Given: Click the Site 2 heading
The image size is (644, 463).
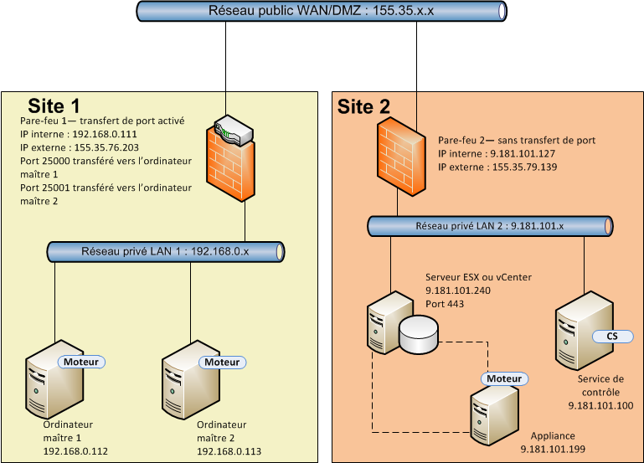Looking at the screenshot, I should pyautogui.click(x=363, y=106).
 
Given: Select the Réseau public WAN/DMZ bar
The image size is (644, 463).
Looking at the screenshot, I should pyautogui.click(x=322, y=12).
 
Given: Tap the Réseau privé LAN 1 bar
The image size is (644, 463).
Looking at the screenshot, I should pyautogui.click(x=165, y=251).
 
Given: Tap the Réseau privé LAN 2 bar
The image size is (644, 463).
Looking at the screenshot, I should pyautogui.click(x=490, y=226).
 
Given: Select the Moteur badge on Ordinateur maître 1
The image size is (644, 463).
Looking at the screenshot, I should pyautogui.click(x=80, y=362).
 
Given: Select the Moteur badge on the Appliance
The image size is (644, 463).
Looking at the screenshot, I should pyautogui.click(x=504, y=379).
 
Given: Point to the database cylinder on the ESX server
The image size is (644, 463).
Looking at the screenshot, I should pyautogui.click(x=419, y=335).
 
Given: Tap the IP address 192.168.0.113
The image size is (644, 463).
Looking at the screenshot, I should pyautogui.click(x=229, y=451).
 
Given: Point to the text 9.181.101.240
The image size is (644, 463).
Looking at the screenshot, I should pyautogui.click(x=459, y=291).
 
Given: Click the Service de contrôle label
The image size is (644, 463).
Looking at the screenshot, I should pyautogui.click(x=600, y=386).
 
